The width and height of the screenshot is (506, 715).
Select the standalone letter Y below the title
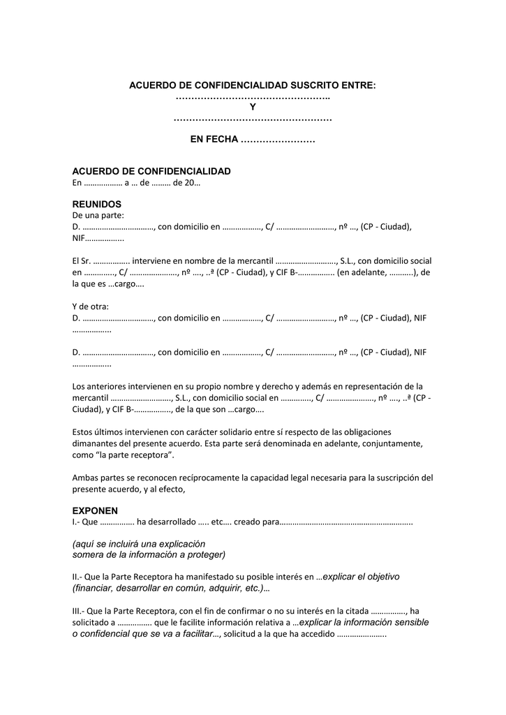pos(253,108)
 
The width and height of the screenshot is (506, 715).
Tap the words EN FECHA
pos(214,140)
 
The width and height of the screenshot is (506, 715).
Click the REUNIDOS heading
pos(97,204)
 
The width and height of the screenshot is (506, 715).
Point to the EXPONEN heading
pos(96,510)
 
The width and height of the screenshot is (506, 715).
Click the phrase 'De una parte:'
pos(98,215)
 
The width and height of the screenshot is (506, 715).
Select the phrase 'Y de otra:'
pos(91,307)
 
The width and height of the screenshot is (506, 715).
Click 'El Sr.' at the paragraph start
pos(81,260)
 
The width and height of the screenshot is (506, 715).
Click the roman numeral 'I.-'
pos(77,522)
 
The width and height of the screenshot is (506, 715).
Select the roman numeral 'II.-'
pos(79,577)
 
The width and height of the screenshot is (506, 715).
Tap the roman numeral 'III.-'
pos(80,611)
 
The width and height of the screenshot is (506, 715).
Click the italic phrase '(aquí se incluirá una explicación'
pos(139,543)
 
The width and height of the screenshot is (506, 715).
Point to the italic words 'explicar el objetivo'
pos(361,577)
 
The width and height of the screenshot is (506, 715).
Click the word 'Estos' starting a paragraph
pos(84,432)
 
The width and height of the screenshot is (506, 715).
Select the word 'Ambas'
pos(85,478)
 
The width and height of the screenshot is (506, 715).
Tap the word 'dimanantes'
pos(94,443)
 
